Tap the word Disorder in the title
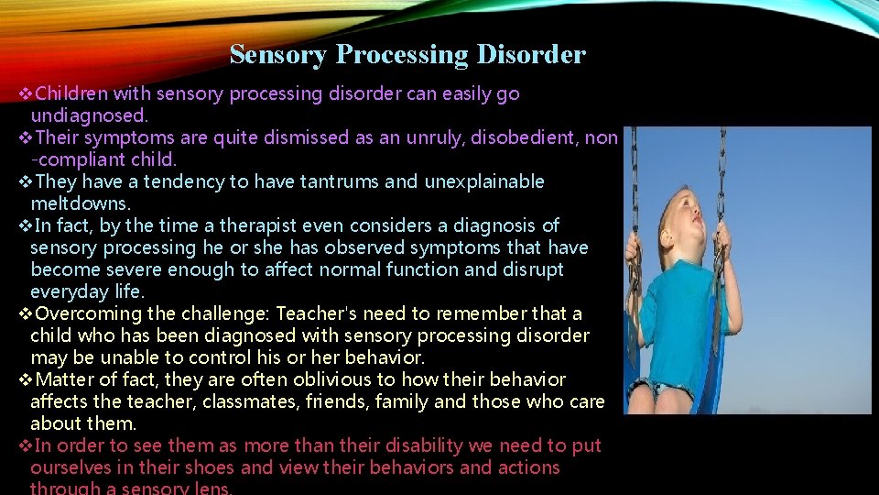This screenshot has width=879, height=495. (x=531, y=55)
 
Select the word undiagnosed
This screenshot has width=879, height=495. (x=89, y=115)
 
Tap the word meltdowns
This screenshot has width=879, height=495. (x=81, y=203)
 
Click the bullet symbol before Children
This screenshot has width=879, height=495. (x=26, y=94)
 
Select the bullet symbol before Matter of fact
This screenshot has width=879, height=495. (x=26, y=380)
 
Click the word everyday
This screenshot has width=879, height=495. (x=68, y=291)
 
